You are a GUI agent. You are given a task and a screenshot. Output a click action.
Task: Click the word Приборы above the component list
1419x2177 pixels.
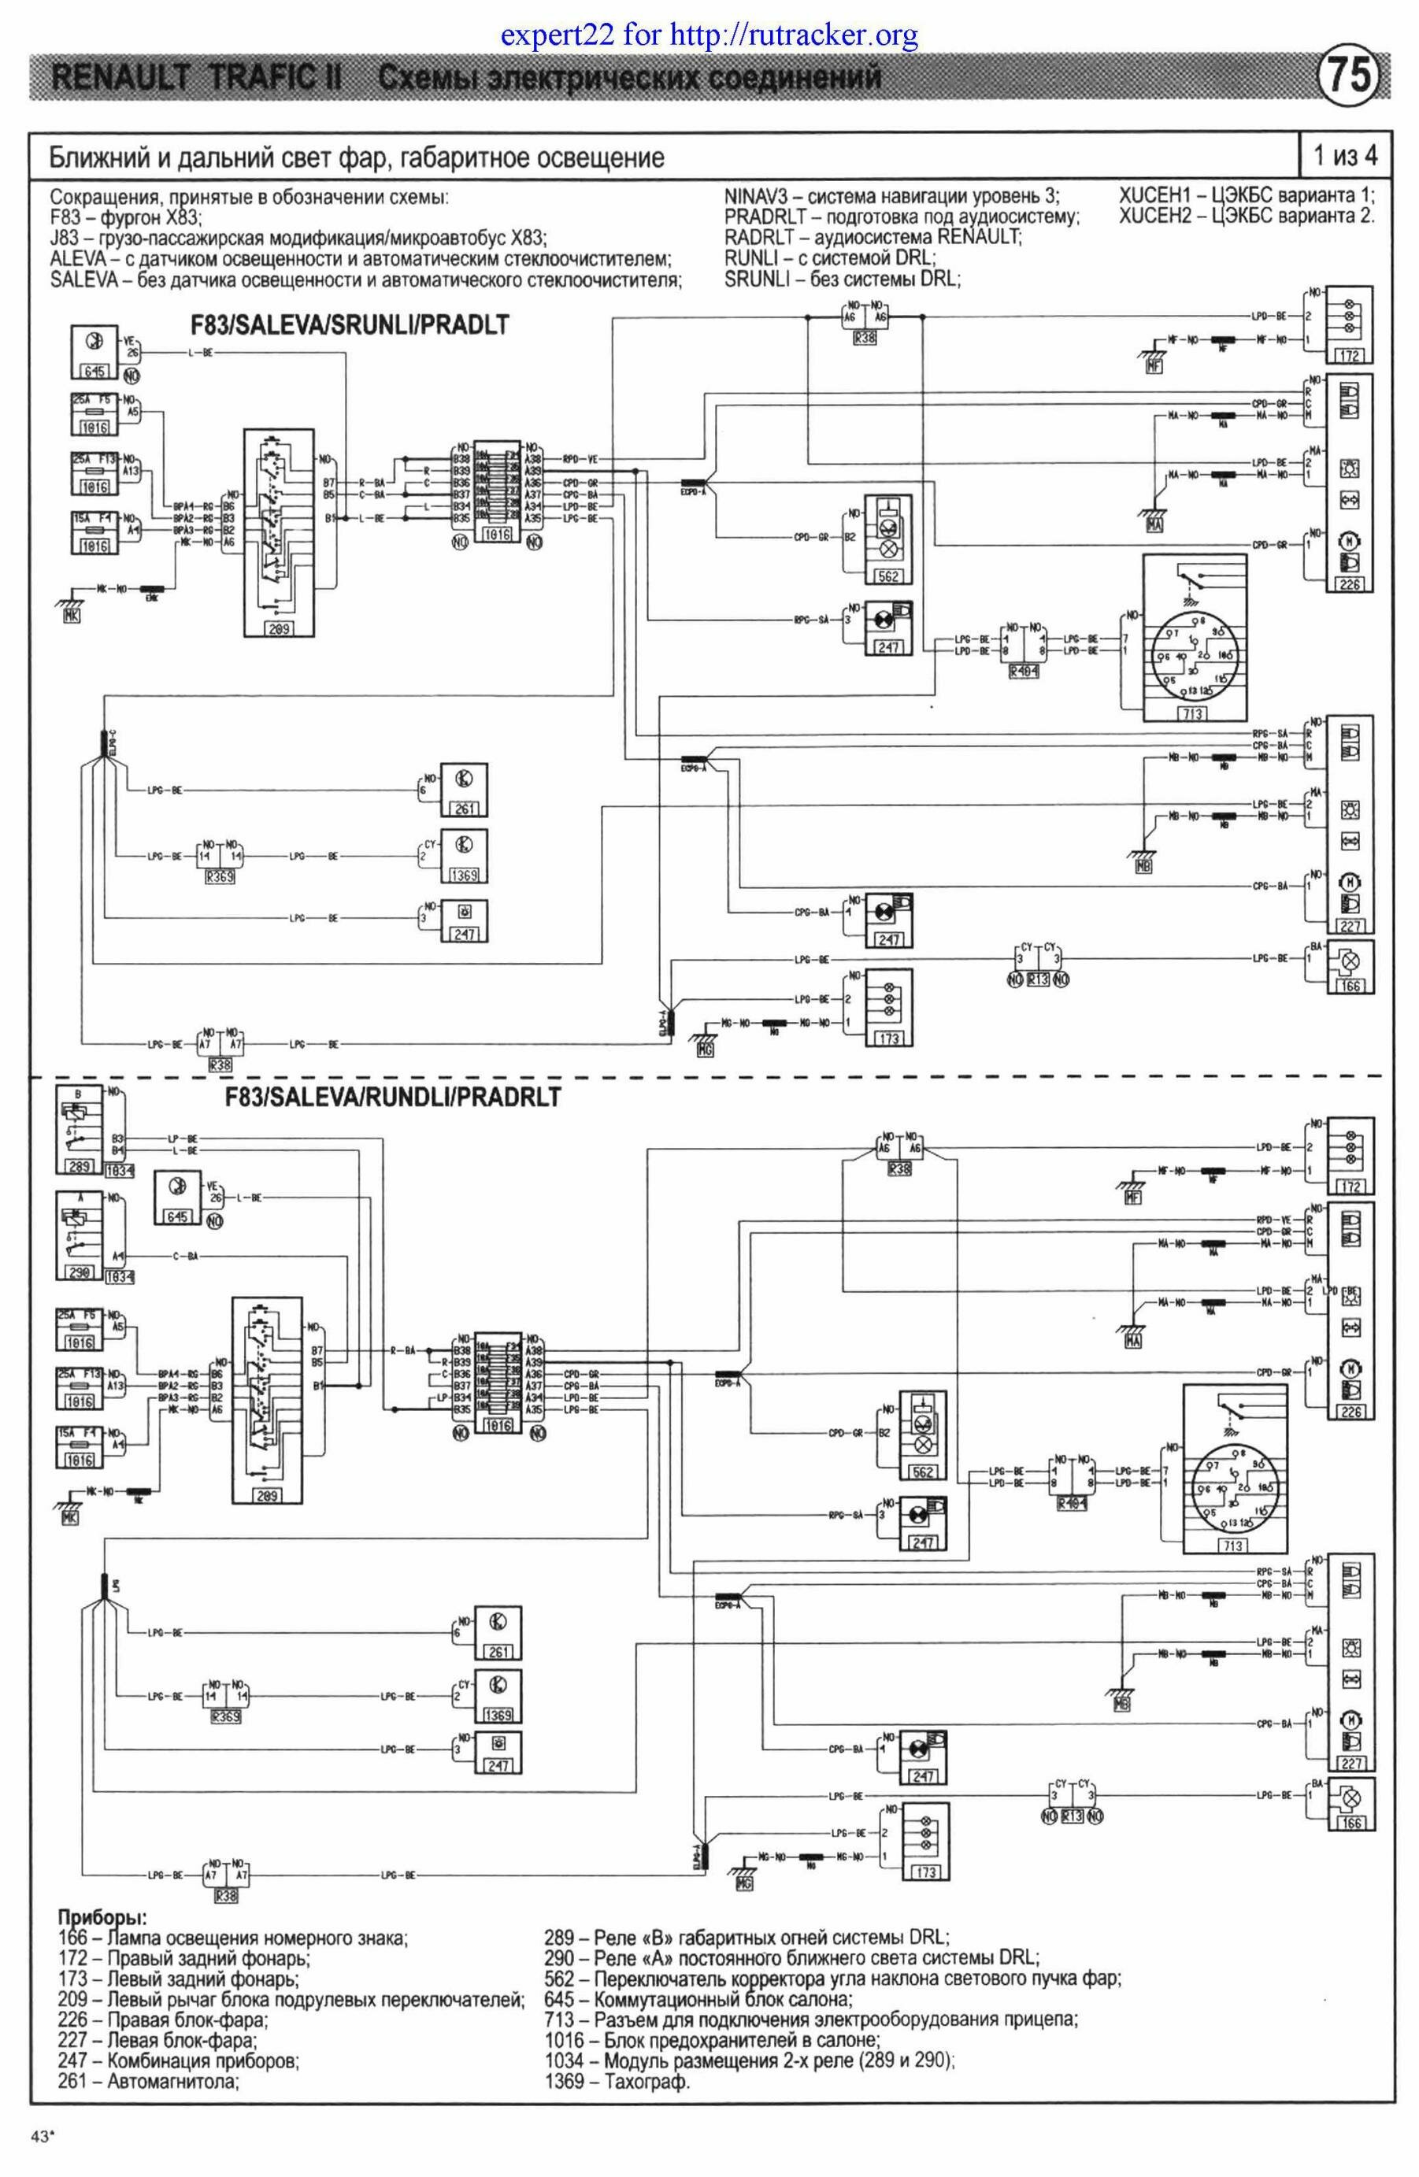pos(102,1916)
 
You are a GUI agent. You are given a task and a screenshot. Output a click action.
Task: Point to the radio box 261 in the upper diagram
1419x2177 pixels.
pos(463,788)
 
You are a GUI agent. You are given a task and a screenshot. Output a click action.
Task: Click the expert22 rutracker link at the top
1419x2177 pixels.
pos(709,35)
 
